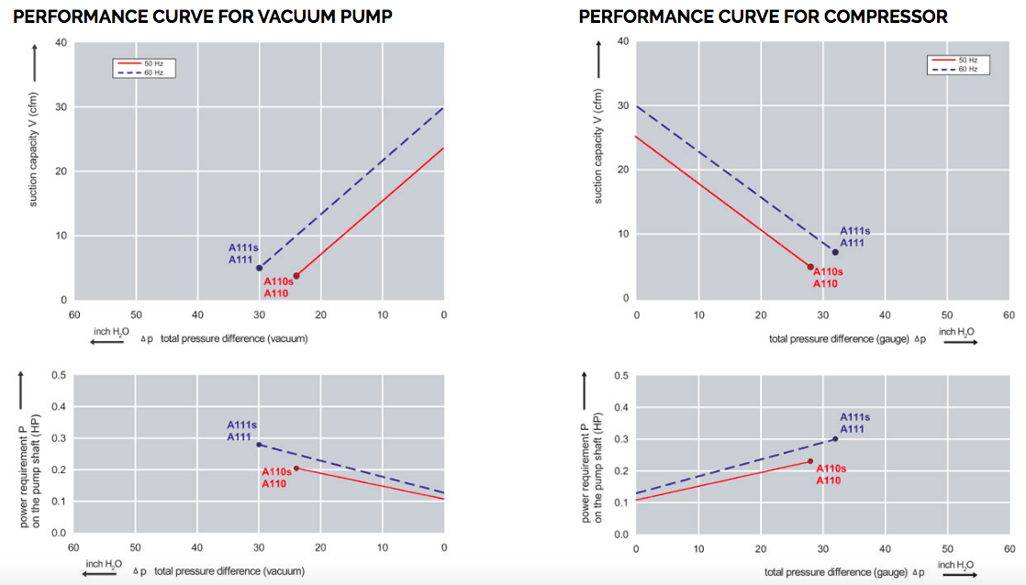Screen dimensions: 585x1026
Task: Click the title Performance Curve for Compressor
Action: (x=763, y=17)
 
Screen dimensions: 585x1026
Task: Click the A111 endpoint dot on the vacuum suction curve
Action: (x=259, y=268)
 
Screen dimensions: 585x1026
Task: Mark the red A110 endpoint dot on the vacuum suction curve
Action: (x=296, y=275)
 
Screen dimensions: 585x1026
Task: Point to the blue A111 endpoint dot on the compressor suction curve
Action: (x=835, y=252)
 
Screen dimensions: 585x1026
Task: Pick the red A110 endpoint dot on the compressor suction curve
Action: (x=810, y=267)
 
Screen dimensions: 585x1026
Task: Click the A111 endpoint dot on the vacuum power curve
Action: (x=259, y=444)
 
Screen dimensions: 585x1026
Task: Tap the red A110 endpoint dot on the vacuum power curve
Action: (x=296, y=468)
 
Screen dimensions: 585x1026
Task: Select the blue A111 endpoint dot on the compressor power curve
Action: (x=835, y=438)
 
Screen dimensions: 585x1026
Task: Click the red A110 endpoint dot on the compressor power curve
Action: (x=810, y=461)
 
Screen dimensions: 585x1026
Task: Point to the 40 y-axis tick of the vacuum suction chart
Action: (x=61, y=42)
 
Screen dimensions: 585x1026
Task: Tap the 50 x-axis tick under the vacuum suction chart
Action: (x=135, y=315)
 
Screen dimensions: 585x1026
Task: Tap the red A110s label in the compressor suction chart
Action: (x=829, y=271)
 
